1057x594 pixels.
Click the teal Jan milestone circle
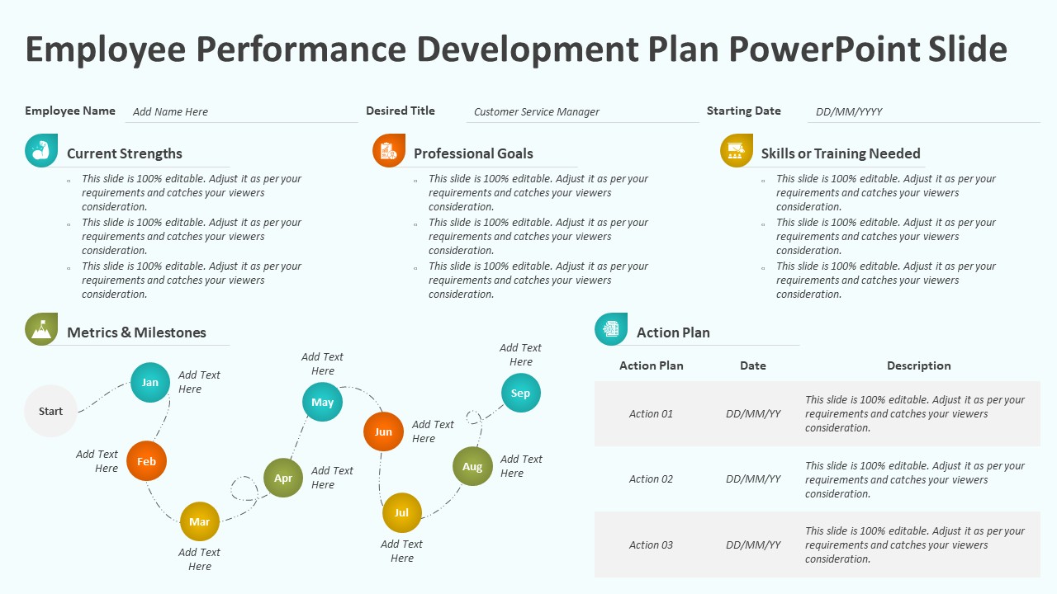pos(150,382)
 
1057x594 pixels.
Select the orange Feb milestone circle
pos(147,461)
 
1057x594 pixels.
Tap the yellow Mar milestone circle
pos(200,521)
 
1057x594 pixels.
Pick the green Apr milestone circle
pos(283,478)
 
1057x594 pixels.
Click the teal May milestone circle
pos(322,402)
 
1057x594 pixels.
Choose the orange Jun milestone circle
pos(384,431)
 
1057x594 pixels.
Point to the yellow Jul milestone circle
pos(402,512)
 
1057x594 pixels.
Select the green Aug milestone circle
pos(472,466)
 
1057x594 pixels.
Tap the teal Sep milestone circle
pos(521,393)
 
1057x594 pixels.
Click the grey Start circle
pos(50,411)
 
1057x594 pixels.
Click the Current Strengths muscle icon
pos(41,150)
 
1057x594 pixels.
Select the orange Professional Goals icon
pos(389,150)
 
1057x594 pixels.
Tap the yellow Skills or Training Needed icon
pos(737,150)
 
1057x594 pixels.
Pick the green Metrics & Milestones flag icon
pos(41,329)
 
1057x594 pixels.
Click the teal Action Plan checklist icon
pos(611,329)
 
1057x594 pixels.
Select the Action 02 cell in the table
pos(651,479)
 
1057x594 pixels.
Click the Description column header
pos(918,365)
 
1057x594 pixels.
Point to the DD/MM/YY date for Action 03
pos(753,544)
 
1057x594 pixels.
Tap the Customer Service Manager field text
pos(537,112)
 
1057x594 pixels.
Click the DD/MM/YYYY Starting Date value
pos(849,112)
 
